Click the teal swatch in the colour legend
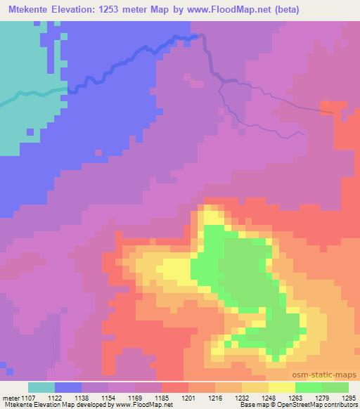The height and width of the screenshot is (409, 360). pos(41,387)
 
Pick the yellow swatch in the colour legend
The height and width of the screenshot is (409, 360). pos(282,387)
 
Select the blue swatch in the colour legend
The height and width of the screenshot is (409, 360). pos(68,387)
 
